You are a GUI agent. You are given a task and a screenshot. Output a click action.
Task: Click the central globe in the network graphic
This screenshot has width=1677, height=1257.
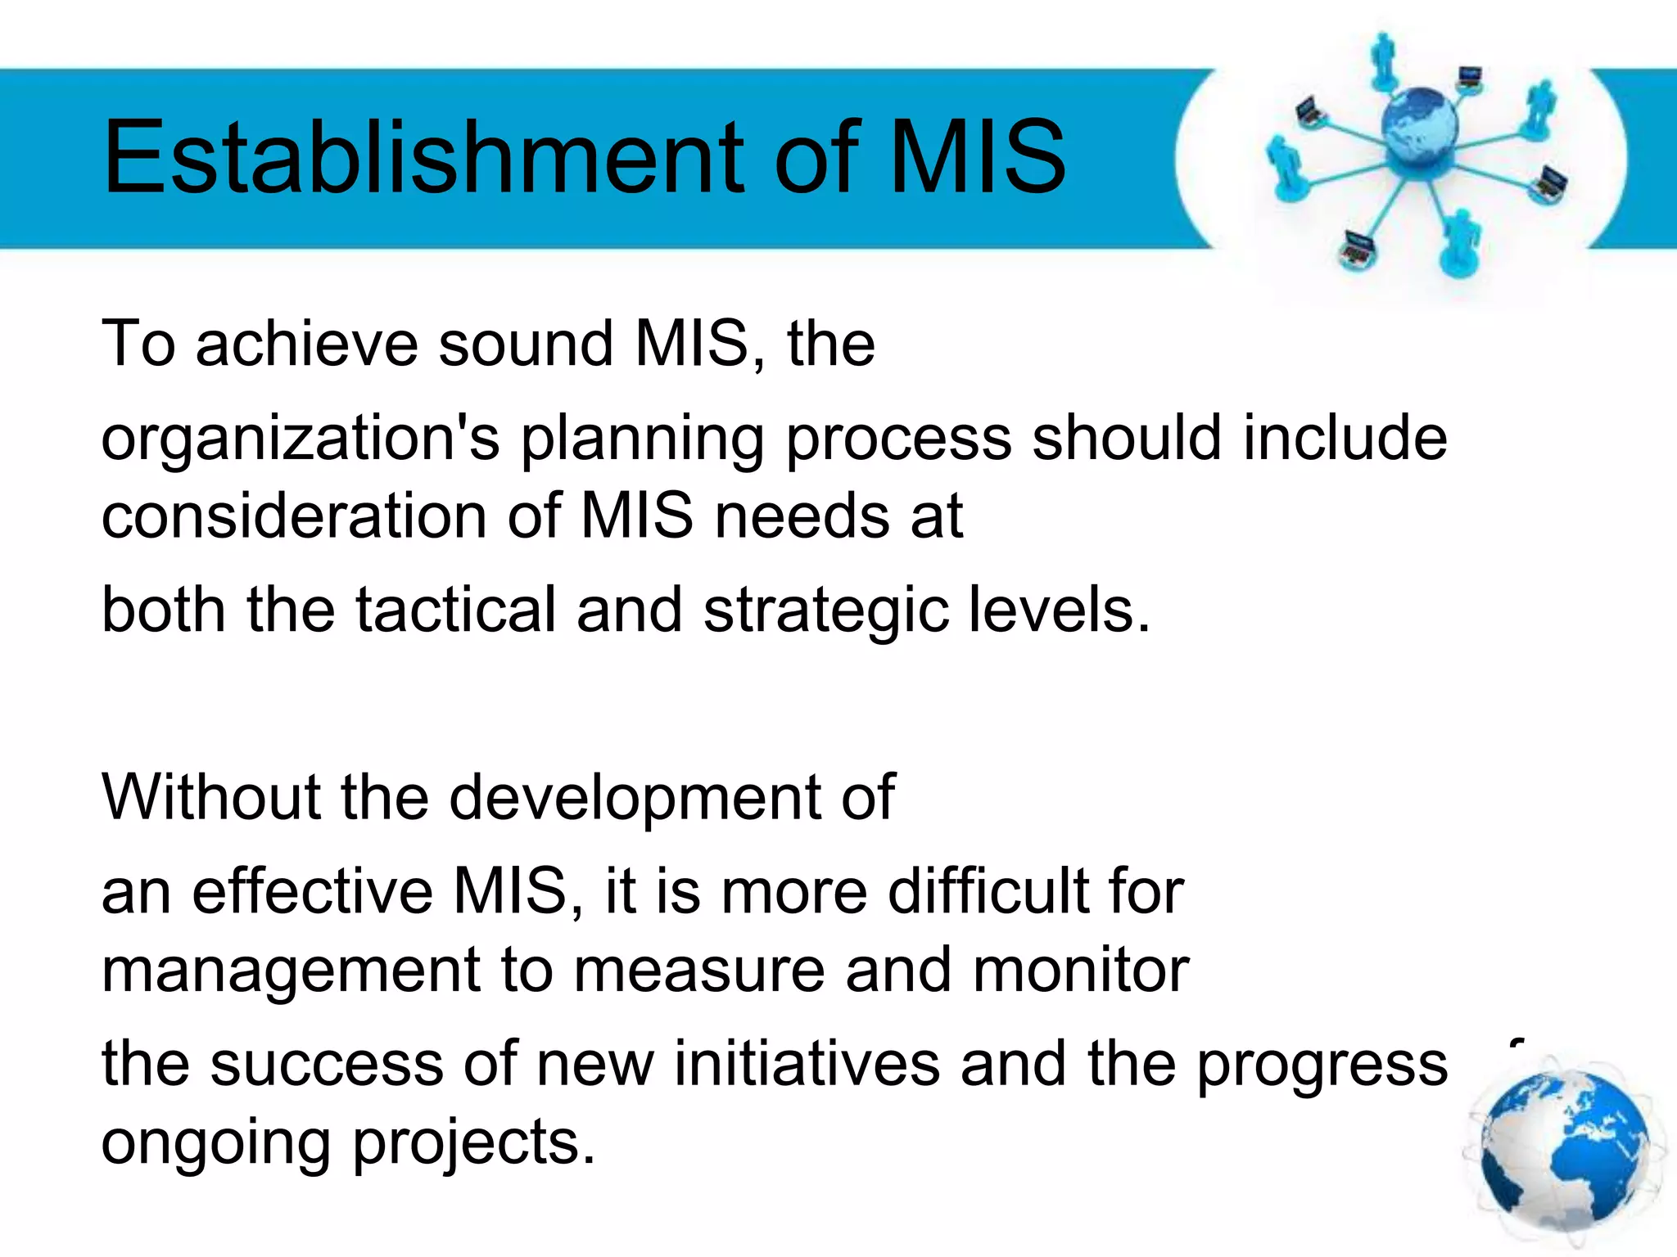tap(1419, 127)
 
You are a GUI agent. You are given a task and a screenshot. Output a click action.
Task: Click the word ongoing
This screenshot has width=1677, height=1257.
tap(214, 1144)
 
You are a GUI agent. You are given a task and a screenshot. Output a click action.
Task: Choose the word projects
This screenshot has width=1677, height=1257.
tap(473, 1144)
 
